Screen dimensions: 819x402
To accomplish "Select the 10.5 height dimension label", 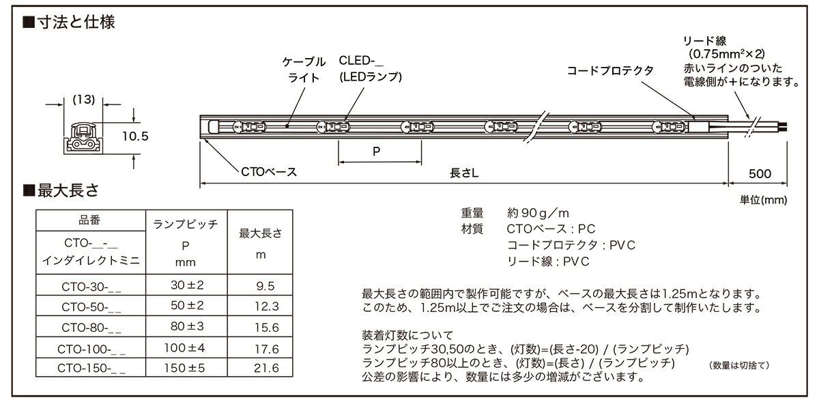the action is pos(135,137).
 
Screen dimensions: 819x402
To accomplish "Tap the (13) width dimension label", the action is pos(84,100).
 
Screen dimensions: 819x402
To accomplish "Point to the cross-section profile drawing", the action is pos(83,138).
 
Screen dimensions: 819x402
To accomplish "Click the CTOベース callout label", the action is pos(269,172).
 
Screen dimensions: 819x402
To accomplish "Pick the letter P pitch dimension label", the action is pos(376,152).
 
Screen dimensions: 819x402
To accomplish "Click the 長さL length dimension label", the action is pos(464,173).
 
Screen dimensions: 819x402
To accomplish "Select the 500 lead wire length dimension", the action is pos(760,173).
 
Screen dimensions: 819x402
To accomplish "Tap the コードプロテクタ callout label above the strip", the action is pos(610,70).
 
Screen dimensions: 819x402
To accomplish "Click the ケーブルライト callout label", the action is pos(304,70).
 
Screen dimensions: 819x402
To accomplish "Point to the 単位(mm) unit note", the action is pos(764,200).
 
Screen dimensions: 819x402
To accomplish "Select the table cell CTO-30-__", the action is pos(91,287).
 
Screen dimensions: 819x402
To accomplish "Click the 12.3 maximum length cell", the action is pos(267,306).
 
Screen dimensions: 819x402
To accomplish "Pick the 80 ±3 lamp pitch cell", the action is pos(187,326).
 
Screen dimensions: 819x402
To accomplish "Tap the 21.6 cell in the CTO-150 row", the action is pos(266,368).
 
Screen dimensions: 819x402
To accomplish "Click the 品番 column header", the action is pos(89,220).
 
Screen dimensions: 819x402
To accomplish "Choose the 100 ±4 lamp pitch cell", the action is pos(185,348).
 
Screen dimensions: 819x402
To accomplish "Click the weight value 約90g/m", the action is pos(538,213).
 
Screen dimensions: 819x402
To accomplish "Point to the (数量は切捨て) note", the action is pos(739,365).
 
